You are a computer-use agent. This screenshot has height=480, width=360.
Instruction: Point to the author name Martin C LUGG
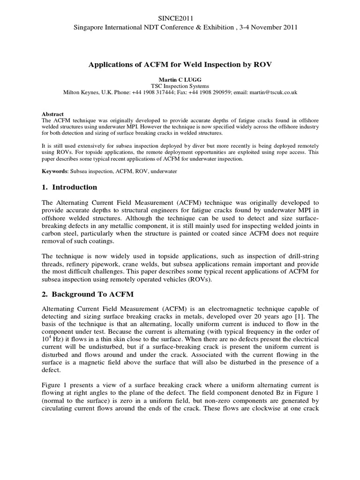[180, 80]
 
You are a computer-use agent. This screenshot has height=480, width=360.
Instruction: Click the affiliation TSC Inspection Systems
[180, 86]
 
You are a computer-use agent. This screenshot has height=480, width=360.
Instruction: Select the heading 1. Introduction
[70, 187]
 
